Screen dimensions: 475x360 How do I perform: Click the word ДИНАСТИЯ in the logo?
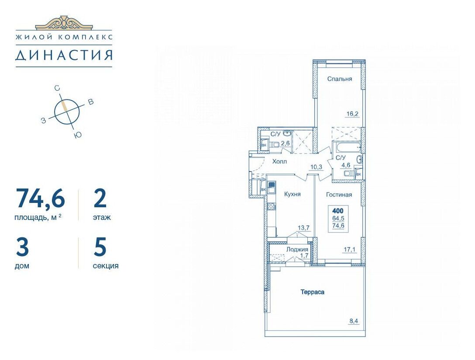click(x=64, y=55)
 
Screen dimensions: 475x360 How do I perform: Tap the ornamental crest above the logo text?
click(x=64, y=23)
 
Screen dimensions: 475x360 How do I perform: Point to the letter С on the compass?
click(x=57, y=88)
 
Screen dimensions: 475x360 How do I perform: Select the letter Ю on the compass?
click(x=78, y=135)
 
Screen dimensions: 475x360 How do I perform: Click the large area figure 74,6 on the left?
click(x=40, y=199)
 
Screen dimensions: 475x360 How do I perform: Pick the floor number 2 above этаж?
click(x=100, y=198)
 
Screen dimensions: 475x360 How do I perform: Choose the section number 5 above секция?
click(x=100, y=246)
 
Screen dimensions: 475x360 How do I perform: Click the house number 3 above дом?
click(x=22, y=246)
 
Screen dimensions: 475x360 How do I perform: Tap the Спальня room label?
click(x=340, y=79)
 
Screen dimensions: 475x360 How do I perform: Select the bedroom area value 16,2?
click(x=352, y=114)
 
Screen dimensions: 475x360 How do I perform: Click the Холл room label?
click(x=279, y=161)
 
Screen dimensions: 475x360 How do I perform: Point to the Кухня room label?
click(x=293, y=194)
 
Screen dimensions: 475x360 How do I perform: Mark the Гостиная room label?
click(x=339, y=195)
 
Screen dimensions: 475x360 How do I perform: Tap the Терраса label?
click(x=312, y=292)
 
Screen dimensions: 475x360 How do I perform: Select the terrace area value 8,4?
click(x=353, y=321)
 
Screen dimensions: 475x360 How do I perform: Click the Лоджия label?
click(x=297, y=250)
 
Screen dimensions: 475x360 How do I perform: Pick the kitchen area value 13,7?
click(x=303, y=228)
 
